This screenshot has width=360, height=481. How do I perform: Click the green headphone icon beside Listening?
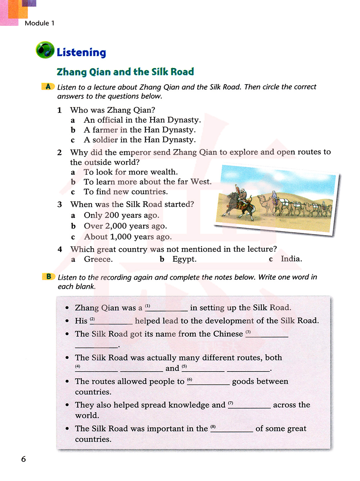click(x=45, y=50)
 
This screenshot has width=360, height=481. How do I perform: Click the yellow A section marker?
click(x=48, y=87)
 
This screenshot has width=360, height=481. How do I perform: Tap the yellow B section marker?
click(x=49, y=277)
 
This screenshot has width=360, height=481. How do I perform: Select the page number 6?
click(x=24, y=459)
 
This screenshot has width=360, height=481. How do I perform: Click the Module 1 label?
click(x=40, y=23)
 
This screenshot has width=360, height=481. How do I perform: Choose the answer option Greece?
click(x=98, y=259)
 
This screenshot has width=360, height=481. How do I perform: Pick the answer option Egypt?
click(x=184, y=259)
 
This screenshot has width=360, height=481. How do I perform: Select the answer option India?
click(x=291, y=259)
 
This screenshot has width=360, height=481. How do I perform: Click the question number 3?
click(x=60, y=204)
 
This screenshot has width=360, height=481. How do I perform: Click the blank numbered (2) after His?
click(x=114, y=321)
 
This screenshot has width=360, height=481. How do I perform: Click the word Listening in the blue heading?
click(x=81, y=53)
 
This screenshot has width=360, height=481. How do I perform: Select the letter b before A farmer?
click(x=73, y=130)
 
